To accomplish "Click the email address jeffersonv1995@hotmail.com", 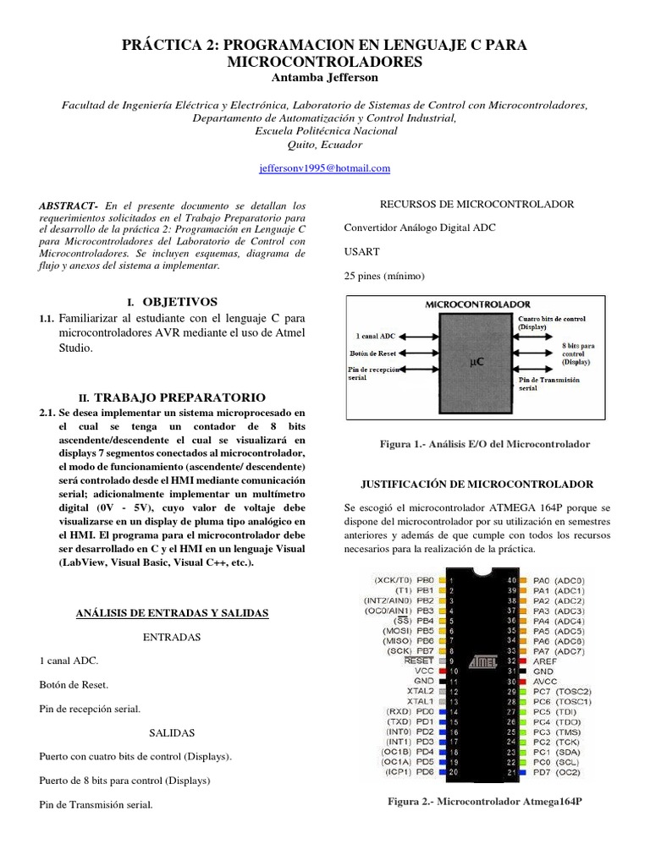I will coord(325,169).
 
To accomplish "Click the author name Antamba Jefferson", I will coord(325,78).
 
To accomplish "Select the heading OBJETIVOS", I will coord(180,301).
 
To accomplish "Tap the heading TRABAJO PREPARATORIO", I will coord(180,397).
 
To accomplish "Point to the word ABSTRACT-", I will coord(69,206).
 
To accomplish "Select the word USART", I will coord(362,251).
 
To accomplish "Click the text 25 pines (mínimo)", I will coord(384,276).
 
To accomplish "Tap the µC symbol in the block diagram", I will coord(477,361).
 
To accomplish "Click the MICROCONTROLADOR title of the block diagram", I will coord(478,304).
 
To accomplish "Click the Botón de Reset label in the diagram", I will coord(373,354).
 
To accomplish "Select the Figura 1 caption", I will coord(487,444).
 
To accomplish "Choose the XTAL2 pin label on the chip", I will coord(421,690).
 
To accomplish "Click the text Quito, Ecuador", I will coord(325,145).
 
